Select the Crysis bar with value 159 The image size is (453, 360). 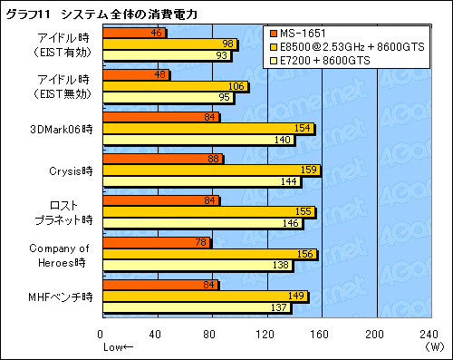[x=212, y=170]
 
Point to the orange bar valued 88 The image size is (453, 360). [x=163, y=159]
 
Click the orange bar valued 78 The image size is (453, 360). [x=157, y=243]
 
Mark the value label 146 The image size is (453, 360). [x=294, y=223]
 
